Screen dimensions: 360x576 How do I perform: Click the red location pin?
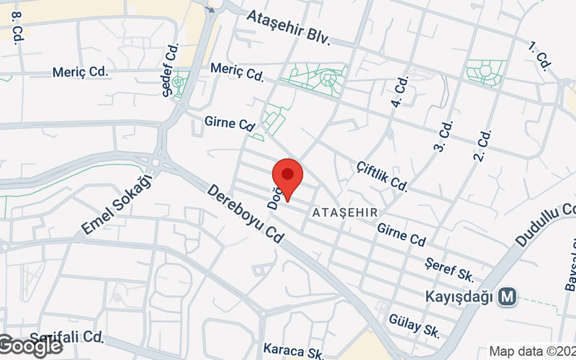point(287,179)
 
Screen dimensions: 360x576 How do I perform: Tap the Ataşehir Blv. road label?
point(288,28)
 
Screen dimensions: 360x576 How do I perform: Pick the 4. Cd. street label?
point(400,92)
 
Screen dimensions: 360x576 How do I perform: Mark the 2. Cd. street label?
point(482,145)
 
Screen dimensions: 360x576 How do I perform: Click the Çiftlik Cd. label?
point(382,175)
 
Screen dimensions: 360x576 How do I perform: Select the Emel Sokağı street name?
point(118,205)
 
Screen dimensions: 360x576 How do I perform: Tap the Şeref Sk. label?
point(449,269)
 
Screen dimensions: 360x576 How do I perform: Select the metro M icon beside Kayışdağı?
point(509,296)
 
